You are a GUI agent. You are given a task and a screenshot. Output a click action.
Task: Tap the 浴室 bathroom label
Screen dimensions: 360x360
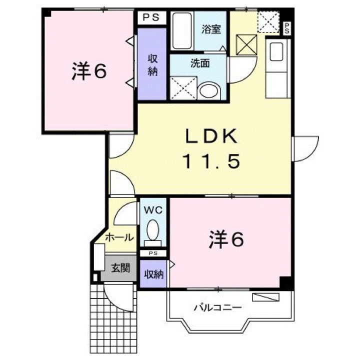(x=210, y=29)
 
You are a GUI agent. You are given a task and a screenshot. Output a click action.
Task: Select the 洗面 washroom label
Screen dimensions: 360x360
(x=199, y=63)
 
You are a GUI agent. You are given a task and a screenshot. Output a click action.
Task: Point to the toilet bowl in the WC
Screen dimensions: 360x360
(x=153, y=231)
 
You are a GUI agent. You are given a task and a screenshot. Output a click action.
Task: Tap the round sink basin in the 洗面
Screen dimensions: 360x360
(x=208, y=90)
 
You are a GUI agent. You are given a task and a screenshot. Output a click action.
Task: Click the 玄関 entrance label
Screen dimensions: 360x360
(x=120, y=267)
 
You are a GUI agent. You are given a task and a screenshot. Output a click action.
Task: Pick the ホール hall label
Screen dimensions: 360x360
(x=119, y=237)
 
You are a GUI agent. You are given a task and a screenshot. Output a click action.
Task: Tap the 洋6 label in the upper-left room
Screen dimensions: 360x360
(x=88, y=72)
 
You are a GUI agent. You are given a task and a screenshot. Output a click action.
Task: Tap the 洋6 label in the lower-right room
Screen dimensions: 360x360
(x=226, y=239)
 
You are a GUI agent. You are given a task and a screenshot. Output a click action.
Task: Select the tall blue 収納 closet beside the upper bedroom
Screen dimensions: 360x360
(x=152, y=64)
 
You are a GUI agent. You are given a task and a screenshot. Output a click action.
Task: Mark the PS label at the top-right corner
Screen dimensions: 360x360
(x=287, y=28)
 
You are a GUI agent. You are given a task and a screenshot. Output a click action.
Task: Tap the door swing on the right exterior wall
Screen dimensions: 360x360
(x=306, y=148)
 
